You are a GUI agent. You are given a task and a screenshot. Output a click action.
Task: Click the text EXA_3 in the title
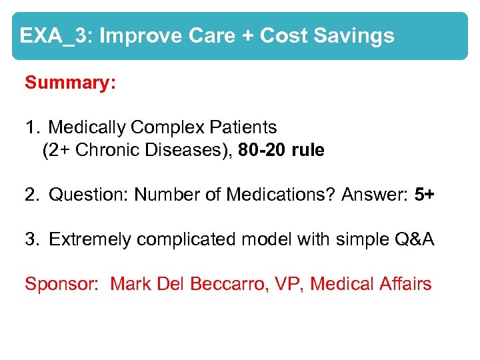(53, 35)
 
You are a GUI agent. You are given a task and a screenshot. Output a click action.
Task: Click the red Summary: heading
(71, 83)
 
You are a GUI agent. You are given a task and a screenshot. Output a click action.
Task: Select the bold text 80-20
(262, 150)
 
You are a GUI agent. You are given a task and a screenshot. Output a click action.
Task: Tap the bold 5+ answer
(425, 195)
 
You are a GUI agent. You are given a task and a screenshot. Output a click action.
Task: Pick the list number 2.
(31, 195)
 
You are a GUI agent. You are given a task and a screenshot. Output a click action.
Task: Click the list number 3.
(31, 239)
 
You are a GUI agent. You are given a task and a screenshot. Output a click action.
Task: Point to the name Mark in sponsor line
(131, 284)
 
